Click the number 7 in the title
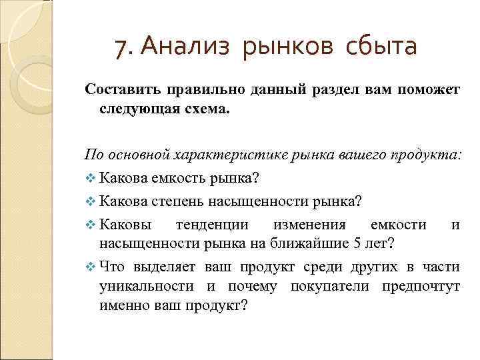120,47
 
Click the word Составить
119,90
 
